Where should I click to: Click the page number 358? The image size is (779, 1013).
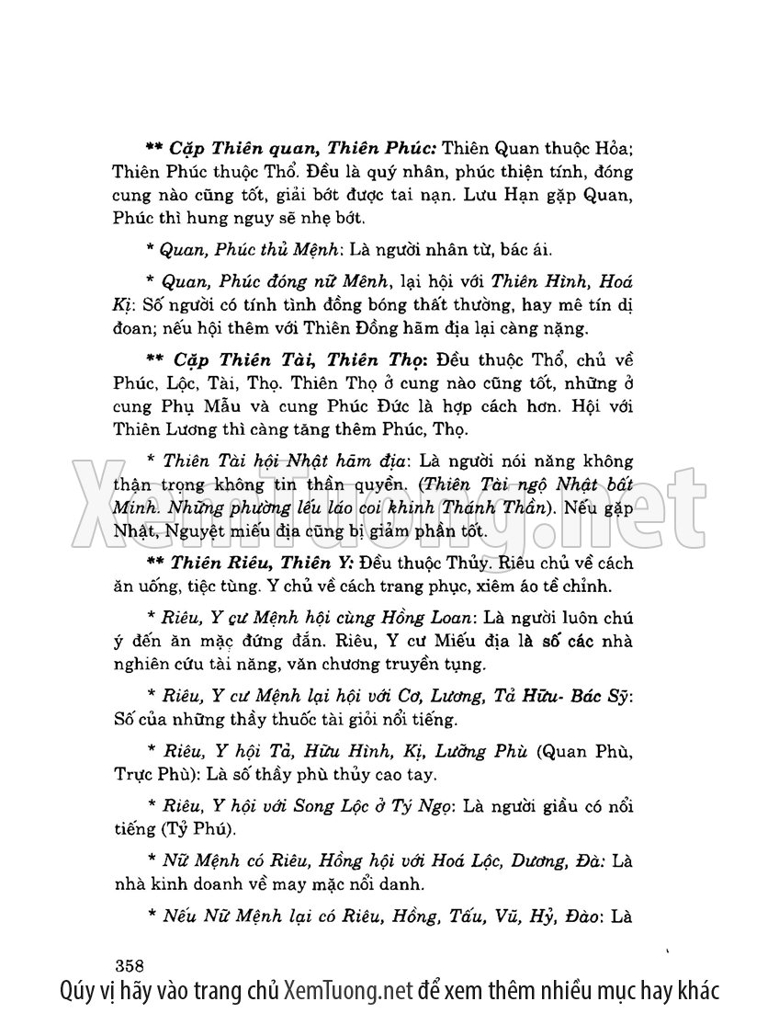(x=132, y=965)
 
